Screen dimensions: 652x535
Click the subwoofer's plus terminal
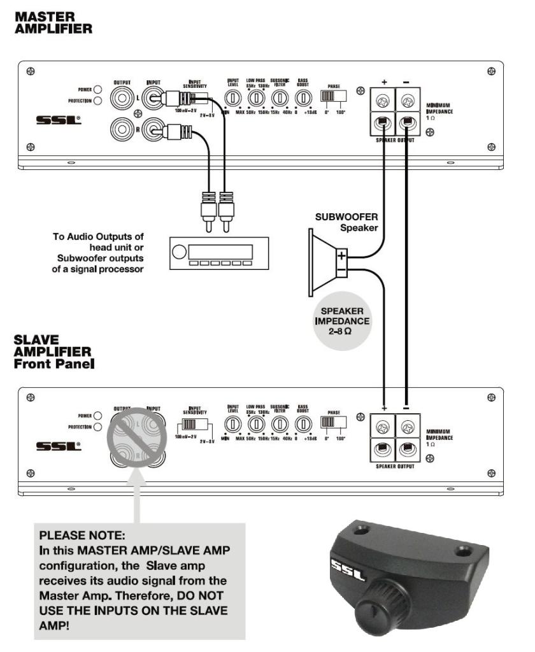[342, 258]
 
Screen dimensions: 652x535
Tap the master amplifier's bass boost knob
[304, 98]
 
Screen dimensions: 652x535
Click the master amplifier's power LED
[98, 90]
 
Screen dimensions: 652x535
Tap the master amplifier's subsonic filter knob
[278, 98]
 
